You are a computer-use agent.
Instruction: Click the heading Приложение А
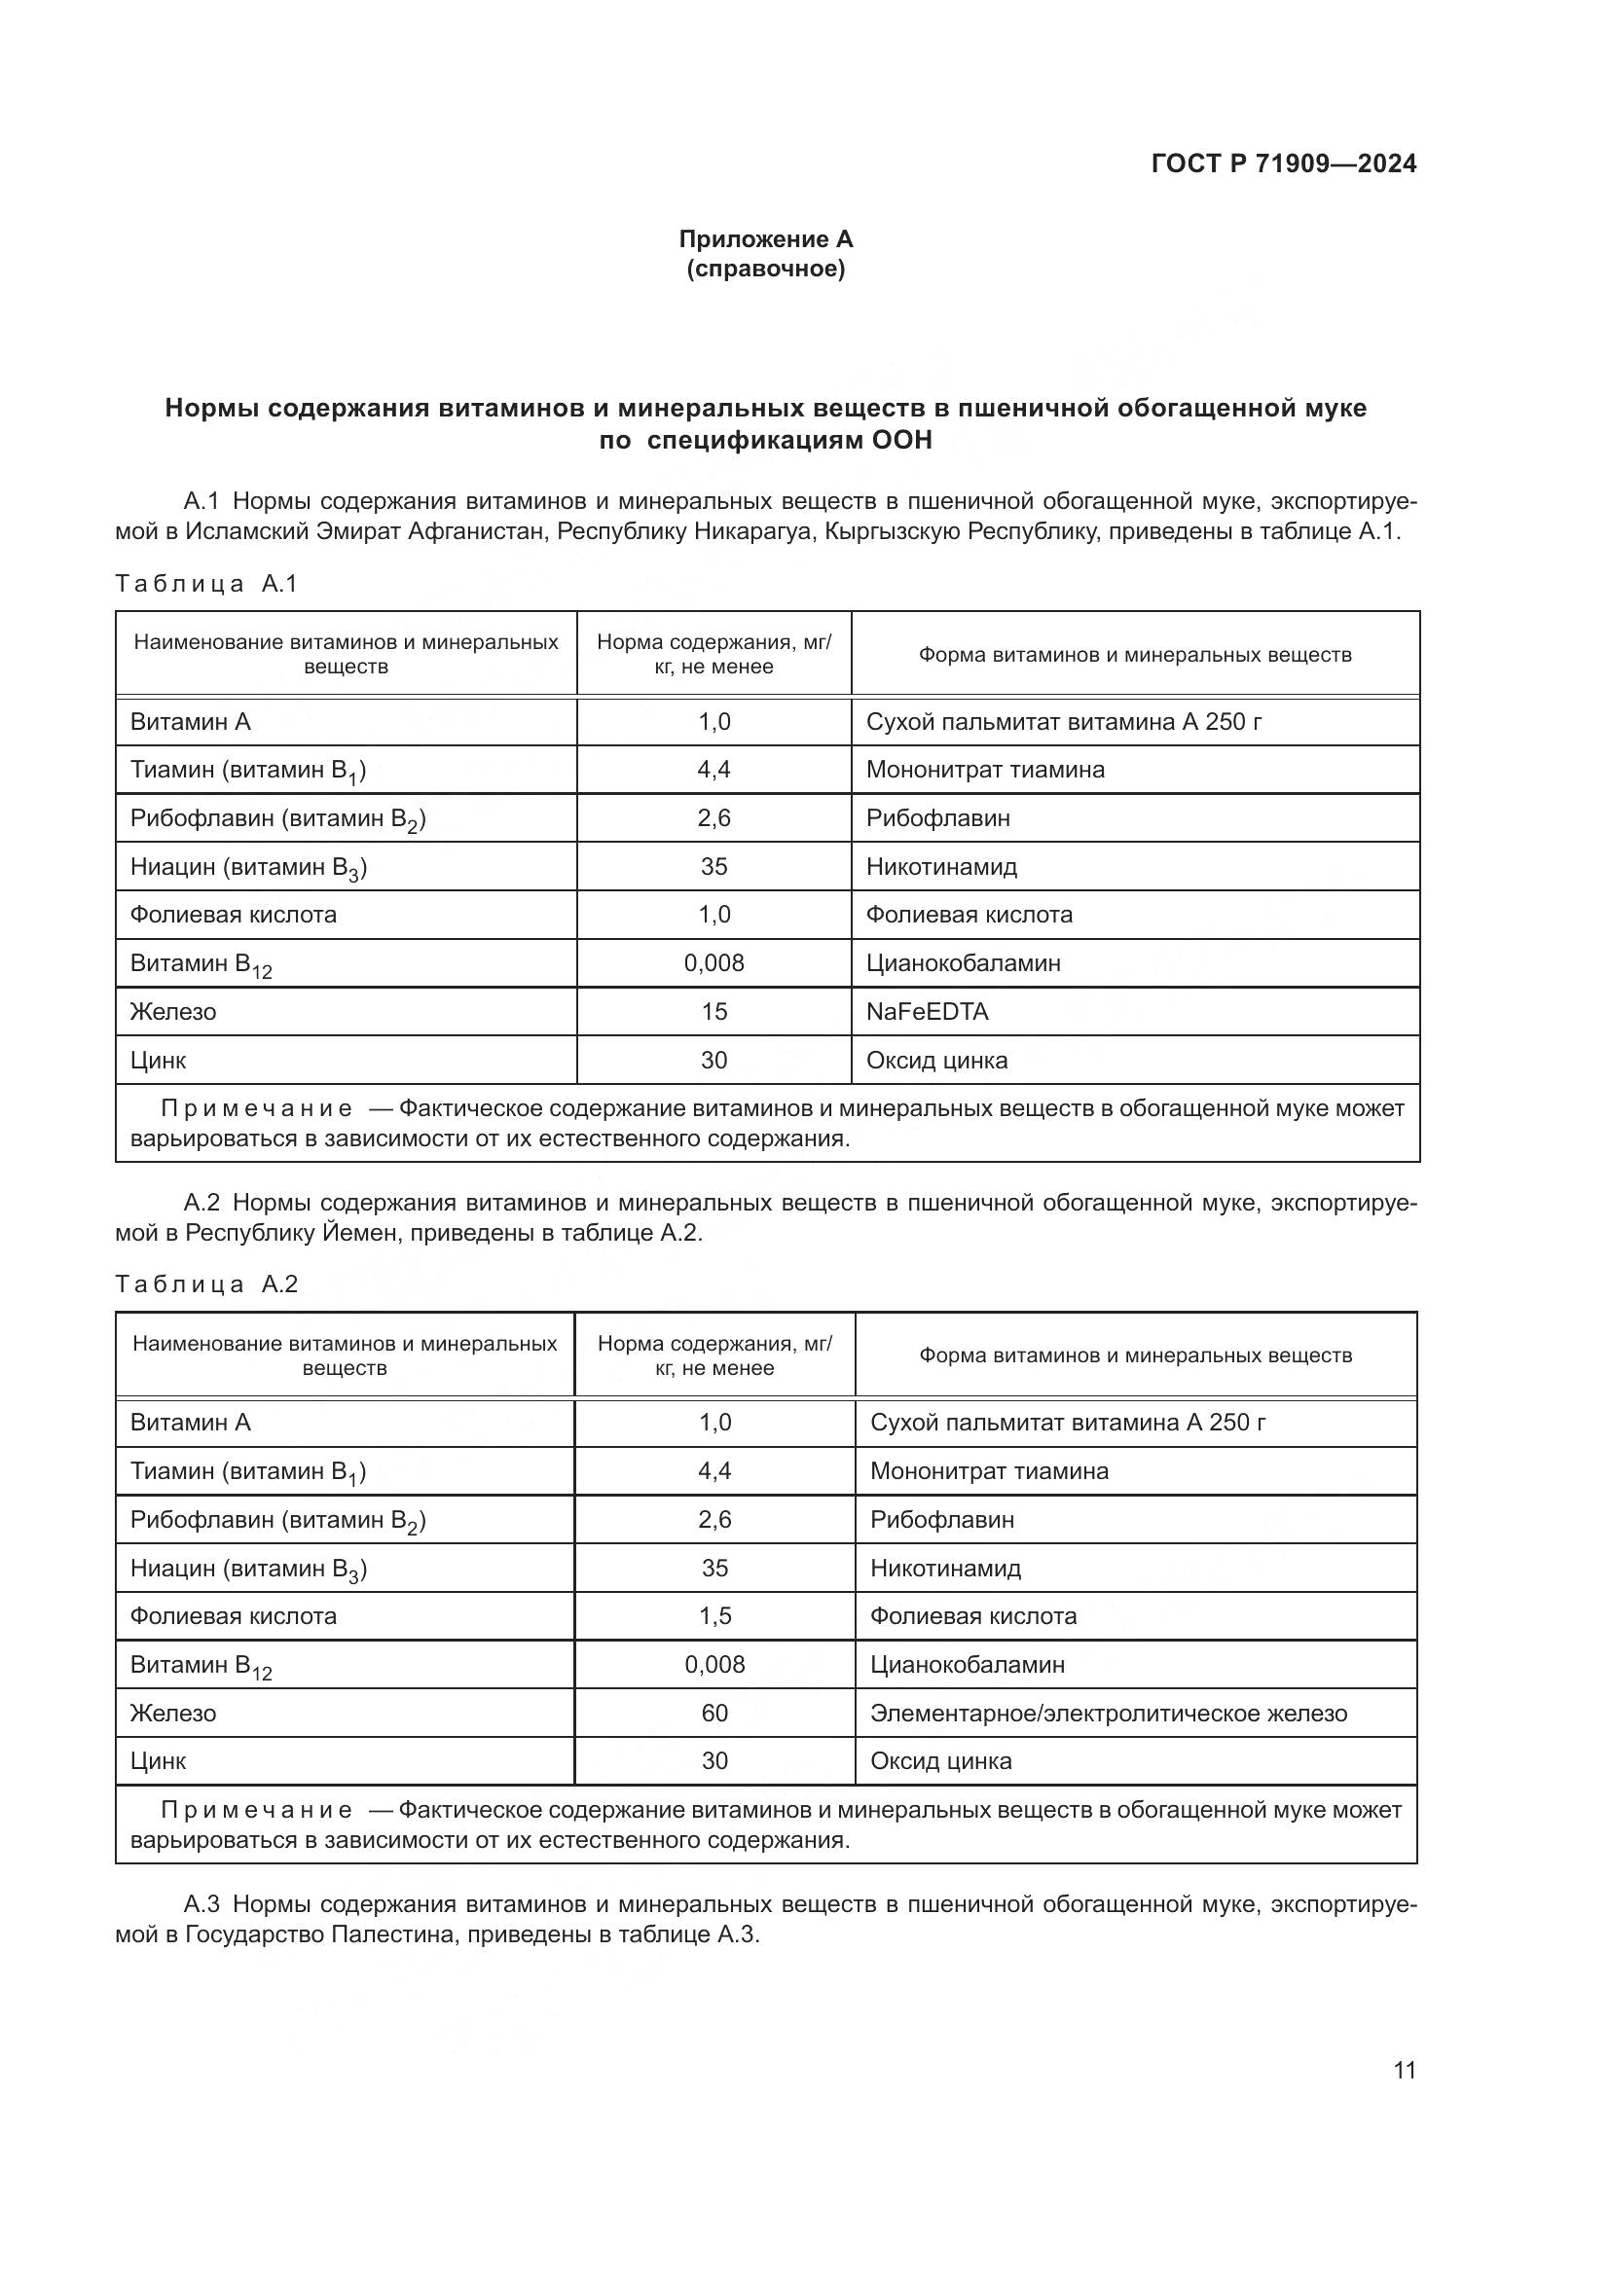click(765, 239)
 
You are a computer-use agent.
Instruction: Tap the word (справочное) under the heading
click(765, 269)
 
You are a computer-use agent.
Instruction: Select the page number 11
click(1404, 2070)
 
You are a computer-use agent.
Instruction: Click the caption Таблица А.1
click(206, 584)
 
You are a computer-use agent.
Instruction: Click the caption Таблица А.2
click(206, 1284)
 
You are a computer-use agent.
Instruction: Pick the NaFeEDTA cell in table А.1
click(927, 1012)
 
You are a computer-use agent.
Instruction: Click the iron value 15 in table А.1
click(714, 1012)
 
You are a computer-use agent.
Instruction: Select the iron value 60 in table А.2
click(714, 1713)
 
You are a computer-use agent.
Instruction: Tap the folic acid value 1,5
click(714, 1616)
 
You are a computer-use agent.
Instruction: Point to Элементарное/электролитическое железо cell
click(1109, 1713)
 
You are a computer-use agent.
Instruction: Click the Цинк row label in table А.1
click(159, 1061)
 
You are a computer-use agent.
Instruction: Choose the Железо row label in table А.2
click(173, 1713)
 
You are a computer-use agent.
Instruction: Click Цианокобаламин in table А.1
click(963, 963)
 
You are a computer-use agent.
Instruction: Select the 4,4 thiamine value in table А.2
click(714, 1471)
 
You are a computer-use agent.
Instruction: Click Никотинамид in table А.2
click(945, 1569)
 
